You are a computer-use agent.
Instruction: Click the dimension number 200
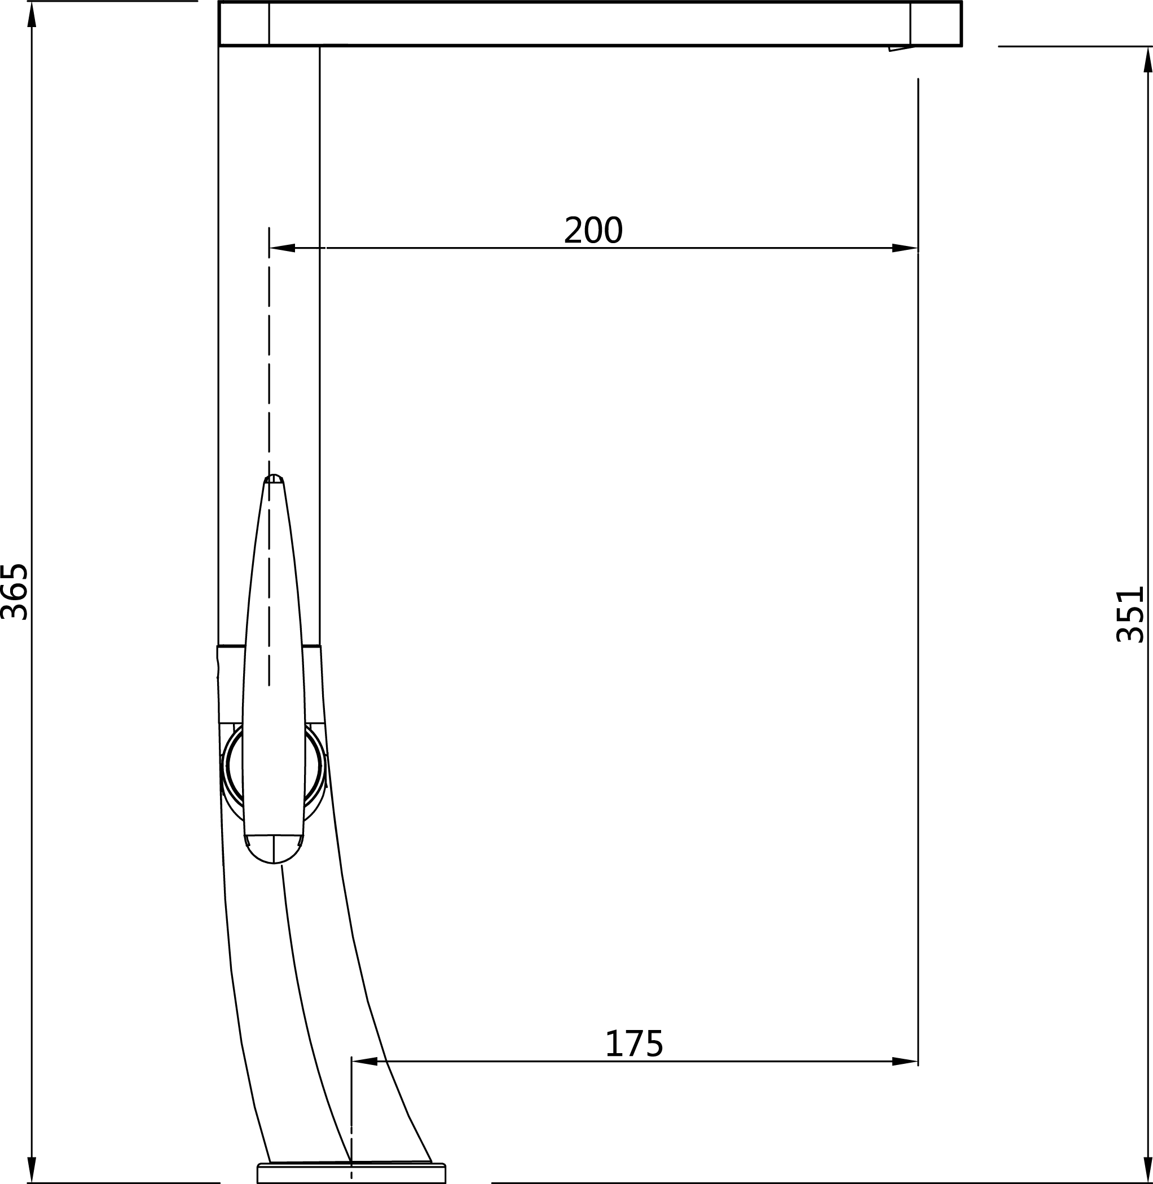593,230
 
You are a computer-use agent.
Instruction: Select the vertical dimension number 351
1130,614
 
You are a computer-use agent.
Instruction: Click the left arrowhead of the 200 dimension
282,248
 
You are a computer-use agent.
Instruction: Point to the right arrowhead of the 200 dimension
905,248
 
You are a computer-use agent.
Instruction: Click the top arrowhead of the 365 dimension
32,15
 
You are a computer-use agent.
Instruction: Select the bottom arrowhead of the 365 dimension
32,1169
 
